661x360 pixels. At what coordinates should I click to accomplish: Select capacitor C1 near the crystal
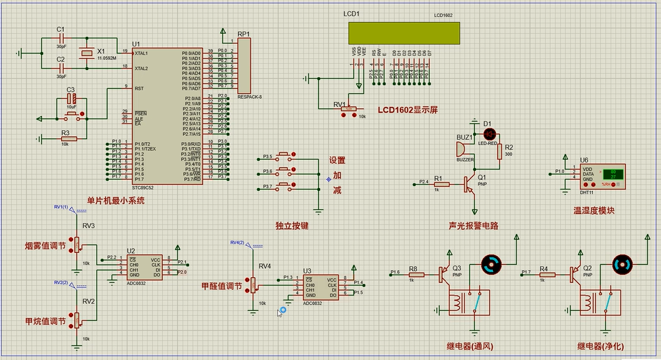[x=61, y=39]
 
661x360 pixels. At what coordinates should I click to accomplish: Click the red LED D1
[x=490, y=134]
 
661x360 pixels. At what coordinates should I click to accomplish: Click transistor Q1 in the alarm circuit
[x=470, y=185]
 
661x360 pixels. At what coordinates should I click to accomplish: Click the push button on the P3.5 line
[x=285, y=155]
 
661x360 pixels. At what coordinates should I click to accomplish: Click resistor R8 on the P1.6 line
[x=412, y=273]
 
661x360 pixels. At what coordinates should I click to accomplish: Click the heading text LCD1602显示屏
[x=408, y=110]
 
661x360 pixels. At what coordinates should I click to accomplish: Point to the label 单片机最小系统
[x=115, y=200]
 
